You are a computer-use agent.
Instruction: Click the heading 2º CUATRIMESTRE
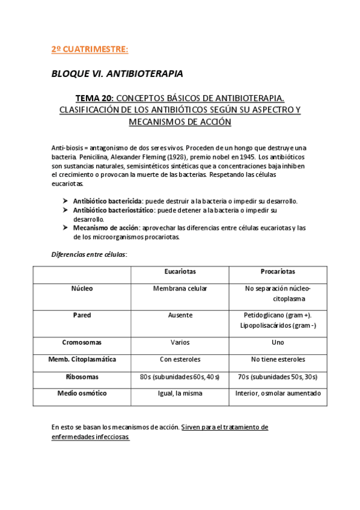(90, 49)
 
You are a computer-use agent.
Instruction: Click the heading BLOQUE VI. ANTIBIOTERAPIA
(117, 73)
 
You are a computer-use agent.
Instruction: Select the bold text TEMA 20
(93, 97)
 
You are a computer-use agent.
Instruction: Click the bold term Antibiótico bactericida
(108, 201)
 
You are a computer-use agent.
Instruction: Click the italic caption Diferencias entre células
(89, 254)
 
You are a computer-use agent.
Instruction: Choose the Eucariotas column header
(180, 272)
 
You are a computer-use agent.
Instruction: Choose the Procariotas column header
(278, 272)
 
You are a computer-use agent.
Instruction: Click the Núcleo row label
(82, 289)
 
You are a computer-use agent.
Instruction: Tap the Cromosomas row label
(82, 342)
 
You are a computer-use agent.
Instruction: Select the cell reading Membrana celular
(180, 289)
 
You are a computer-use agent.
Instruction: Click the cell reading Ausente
(180, 315)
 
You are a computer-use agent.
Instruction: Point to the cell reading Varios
(180, 342)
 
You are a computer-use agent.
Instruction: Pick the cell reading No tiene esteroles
(278, 359)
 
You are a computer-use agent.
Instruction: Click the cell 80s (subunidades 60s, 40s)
(180, 376)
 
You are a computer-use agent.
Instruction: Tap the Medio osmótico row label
(82, 393)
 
